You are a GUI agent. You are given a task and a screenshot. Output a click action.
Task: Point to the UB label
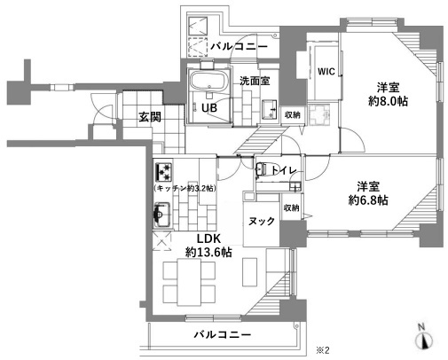tap(209, 109)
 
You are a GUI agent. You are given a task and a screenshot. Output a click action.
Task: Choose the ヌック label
tap(260, 223)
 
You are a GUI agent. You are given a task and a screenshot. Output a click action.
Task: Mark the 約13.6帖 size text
tap(208, 253)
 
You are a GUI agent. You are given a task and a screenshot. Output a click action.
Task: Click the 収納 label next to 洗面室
tap(292, 114)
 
